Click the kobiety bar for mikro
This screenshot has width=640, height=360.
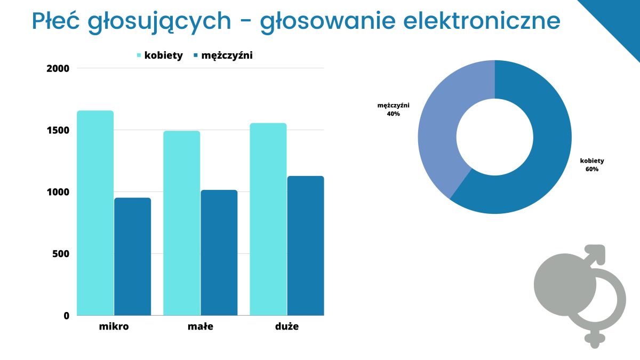(x=95, y=213)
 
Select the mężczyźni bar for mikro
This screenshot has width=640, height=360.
(x=133, y=257)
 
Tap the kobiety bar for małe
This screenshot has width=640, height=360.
(x=182, y=223)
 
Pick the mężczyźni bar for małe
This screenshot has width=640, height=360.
(x=219, y=253)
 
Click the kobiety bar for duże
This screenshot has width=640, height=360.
(x=268, y=219)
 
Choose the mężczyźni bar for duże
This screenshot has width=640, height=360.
(x=306, y=246)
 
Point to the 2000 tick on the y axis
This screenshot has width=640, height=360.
(x=58, y=69)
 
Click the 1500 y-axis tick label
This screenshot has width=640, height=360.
(x=58, y=130)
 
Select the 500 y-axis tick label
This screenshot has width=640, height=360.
(x=61, y=254)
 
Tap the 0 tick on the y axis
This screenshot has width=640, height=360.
(x=67, y=316)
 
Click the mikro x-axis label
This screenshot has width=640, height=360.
(x=114, y=326)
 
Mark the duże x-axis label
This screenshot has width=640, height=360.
(x=287, y=326)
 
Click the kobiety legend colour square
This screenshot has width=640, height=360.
(x=139, y=55)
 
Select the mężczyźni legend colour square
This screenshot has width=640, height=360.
(x=196, y=55)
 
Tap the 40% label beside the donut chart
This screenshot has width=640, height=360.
(x=394, y=114)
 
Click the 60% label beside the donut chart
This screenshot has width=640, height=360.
(x=592, y=169)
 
